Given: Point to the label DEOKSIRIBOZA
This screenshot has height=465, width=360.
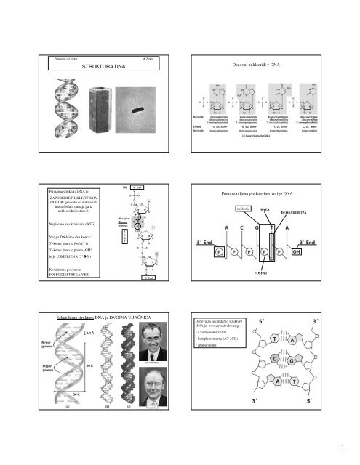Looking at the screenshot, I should pos(300,215).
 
